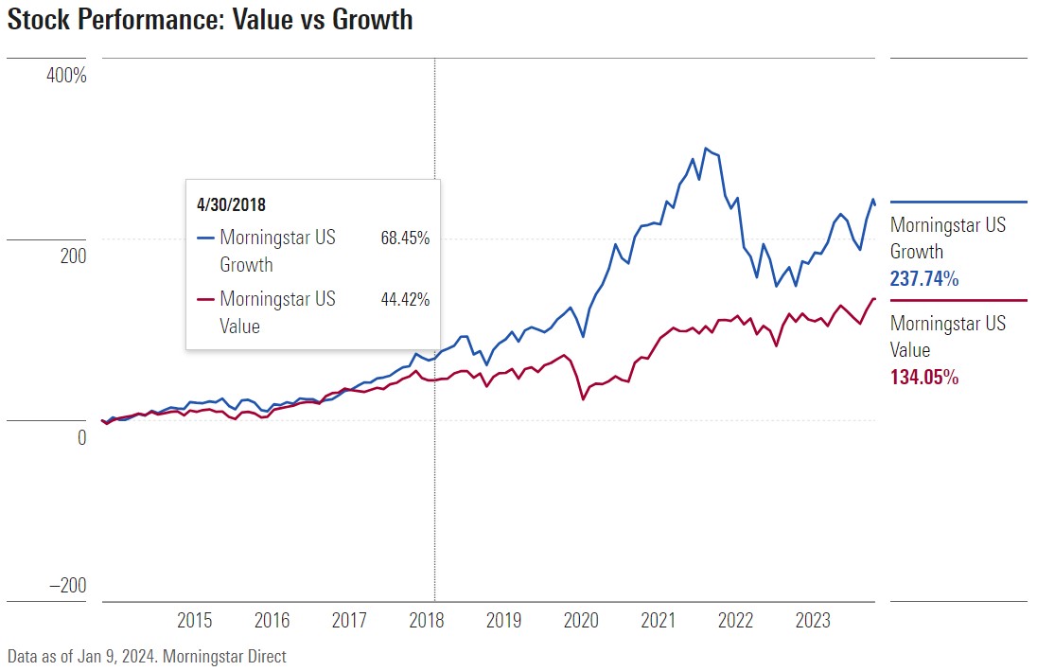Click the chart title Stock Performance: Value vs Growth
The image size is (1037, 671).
click(210, 20)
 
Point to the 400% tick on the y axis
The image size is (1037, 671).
click(66, 75)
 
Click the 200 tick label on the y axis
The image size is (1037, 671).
click(73, 256)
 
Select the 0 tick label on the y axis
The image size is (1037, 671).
click(81, 437)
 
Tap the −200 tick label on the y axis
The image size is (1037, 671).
click(66, 586)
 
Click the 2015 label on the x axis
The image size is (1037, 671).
click(195, 621)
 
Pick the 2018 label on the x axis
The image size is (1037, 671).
click(427, 621)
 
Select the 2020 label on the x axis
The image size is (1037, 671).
click(581, 621)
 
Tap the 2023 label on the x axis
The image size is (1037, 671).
click(813, 621)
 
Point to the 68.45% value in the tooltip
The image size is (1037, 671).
click(405, 238)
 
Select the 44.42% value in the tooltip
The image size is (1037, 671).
click(405, 300)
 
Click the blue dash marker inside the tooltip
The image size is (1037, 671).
click(205, 238)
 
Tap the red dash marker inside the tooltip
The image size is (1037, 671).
click(205, 300)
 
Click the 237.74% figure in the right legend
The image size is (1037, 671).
click(924, 279)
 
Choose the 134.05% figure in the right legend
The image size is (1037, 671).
click(924, 377)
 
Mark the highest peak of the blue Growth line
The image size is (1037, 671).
click(705, 148)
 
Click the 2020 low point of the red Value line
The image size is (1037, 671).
click(583, 399)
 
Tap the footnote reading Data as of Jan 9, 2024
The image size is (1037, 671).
click(146, 656)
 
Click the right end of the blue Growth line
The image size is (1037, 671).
click(875, 204)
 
